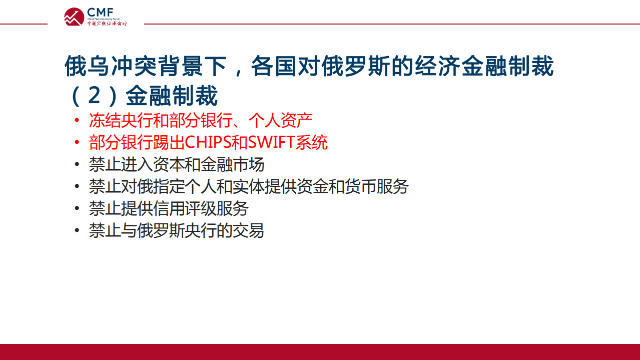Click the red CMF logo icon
pos(74,17)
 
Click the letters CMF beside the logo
pos(100,12)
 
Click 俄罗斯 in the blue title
pos(356,67)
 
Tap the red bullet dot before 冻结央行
pos(76,121)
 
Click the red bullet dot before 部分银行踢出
pos(76,143)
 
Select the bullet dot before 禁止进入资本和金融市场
pos(76,165)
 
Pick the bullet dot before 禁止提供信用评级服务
pos(76,209)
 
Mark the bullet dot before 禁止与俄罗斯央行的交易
pos(76,231)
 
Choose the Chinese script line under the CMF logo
pos(107,23)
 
